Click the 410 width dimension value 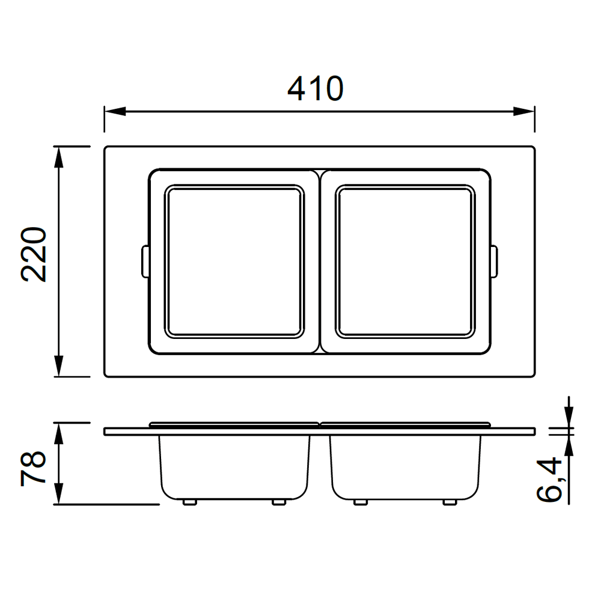point(315,88)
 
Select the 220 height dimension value point(34,255)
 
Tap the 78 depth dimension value point(33,469)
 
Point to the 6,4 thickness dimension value point(549,480)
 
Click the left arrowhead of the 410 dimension point(115,112)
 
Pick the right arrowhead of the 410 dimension point(523,112)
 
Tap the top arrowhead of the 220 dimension point(58,157)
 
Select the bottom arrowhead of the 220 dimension point(58,366)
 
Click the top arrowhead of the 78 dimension point(58,434)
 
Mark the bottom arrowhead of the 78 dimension point(58,493)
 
